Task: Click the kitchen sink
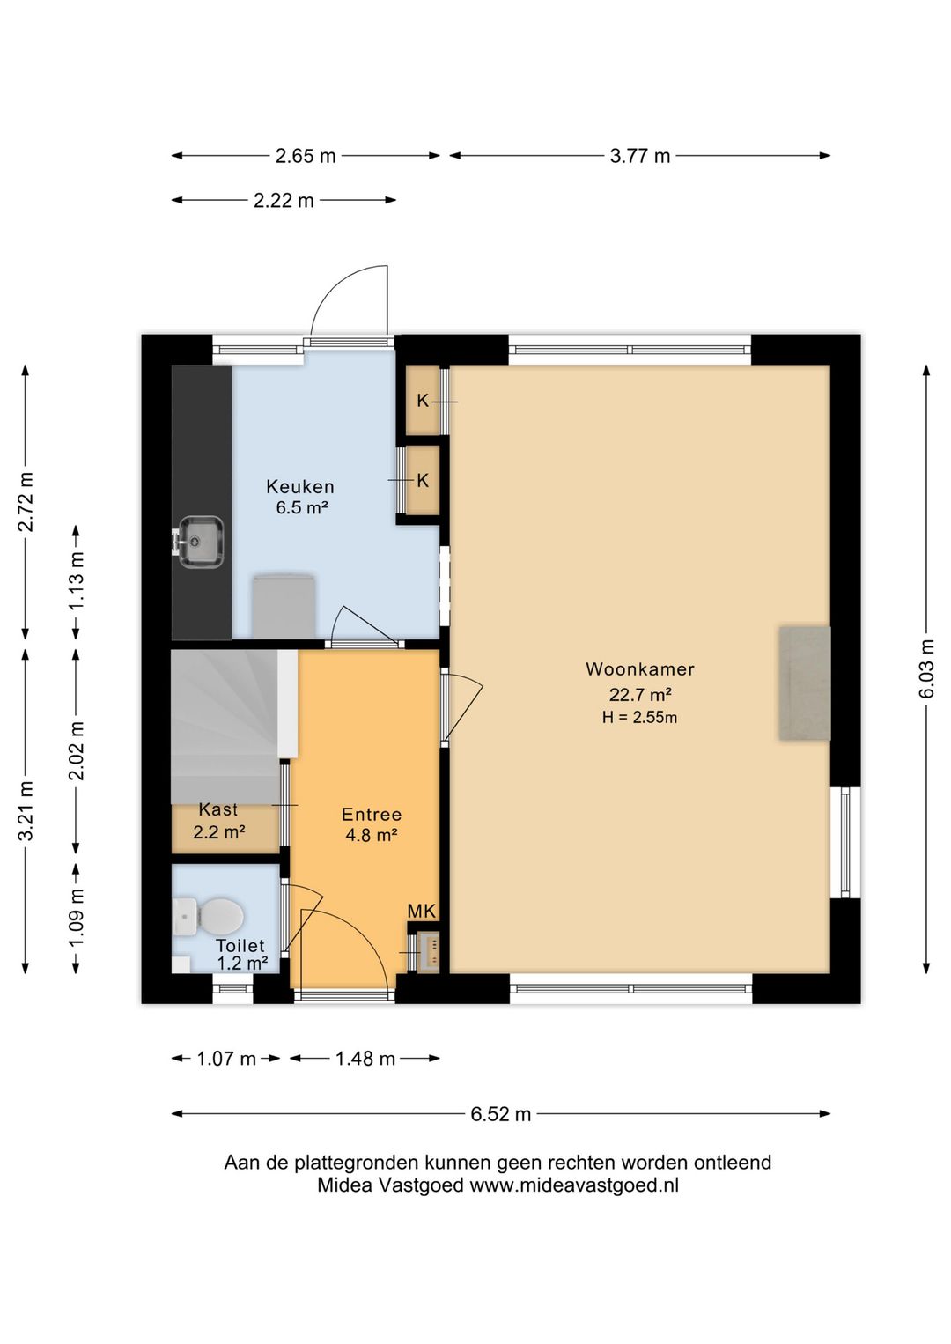pos(201,541)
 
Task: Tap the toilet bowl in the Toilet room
pos(208,917)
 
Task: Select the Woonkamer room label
pos(639,669)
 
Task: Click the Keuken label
pos(300,486)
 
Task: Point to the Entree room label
pos(372,814)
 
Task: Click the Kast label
pos(218,809)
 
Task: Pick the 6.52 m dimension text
pos(500,1114)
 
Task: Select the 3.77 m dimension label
pos(639,156)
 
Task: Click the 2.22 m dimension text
pos(284,201)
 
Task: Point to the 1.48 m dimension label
pos(365,1059)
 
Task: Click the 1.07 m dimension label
pos(226,1059)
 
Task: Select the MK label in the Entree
pos(421,911)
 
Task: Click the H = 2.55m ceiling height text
pos(639,717)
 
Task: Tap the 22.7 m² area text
pos(639,695)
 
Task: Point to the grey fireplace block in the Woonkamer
pos(805,683)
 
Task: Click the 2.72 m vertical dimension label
pos(26,502)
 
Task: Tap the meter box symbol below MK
pos(430,952)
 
